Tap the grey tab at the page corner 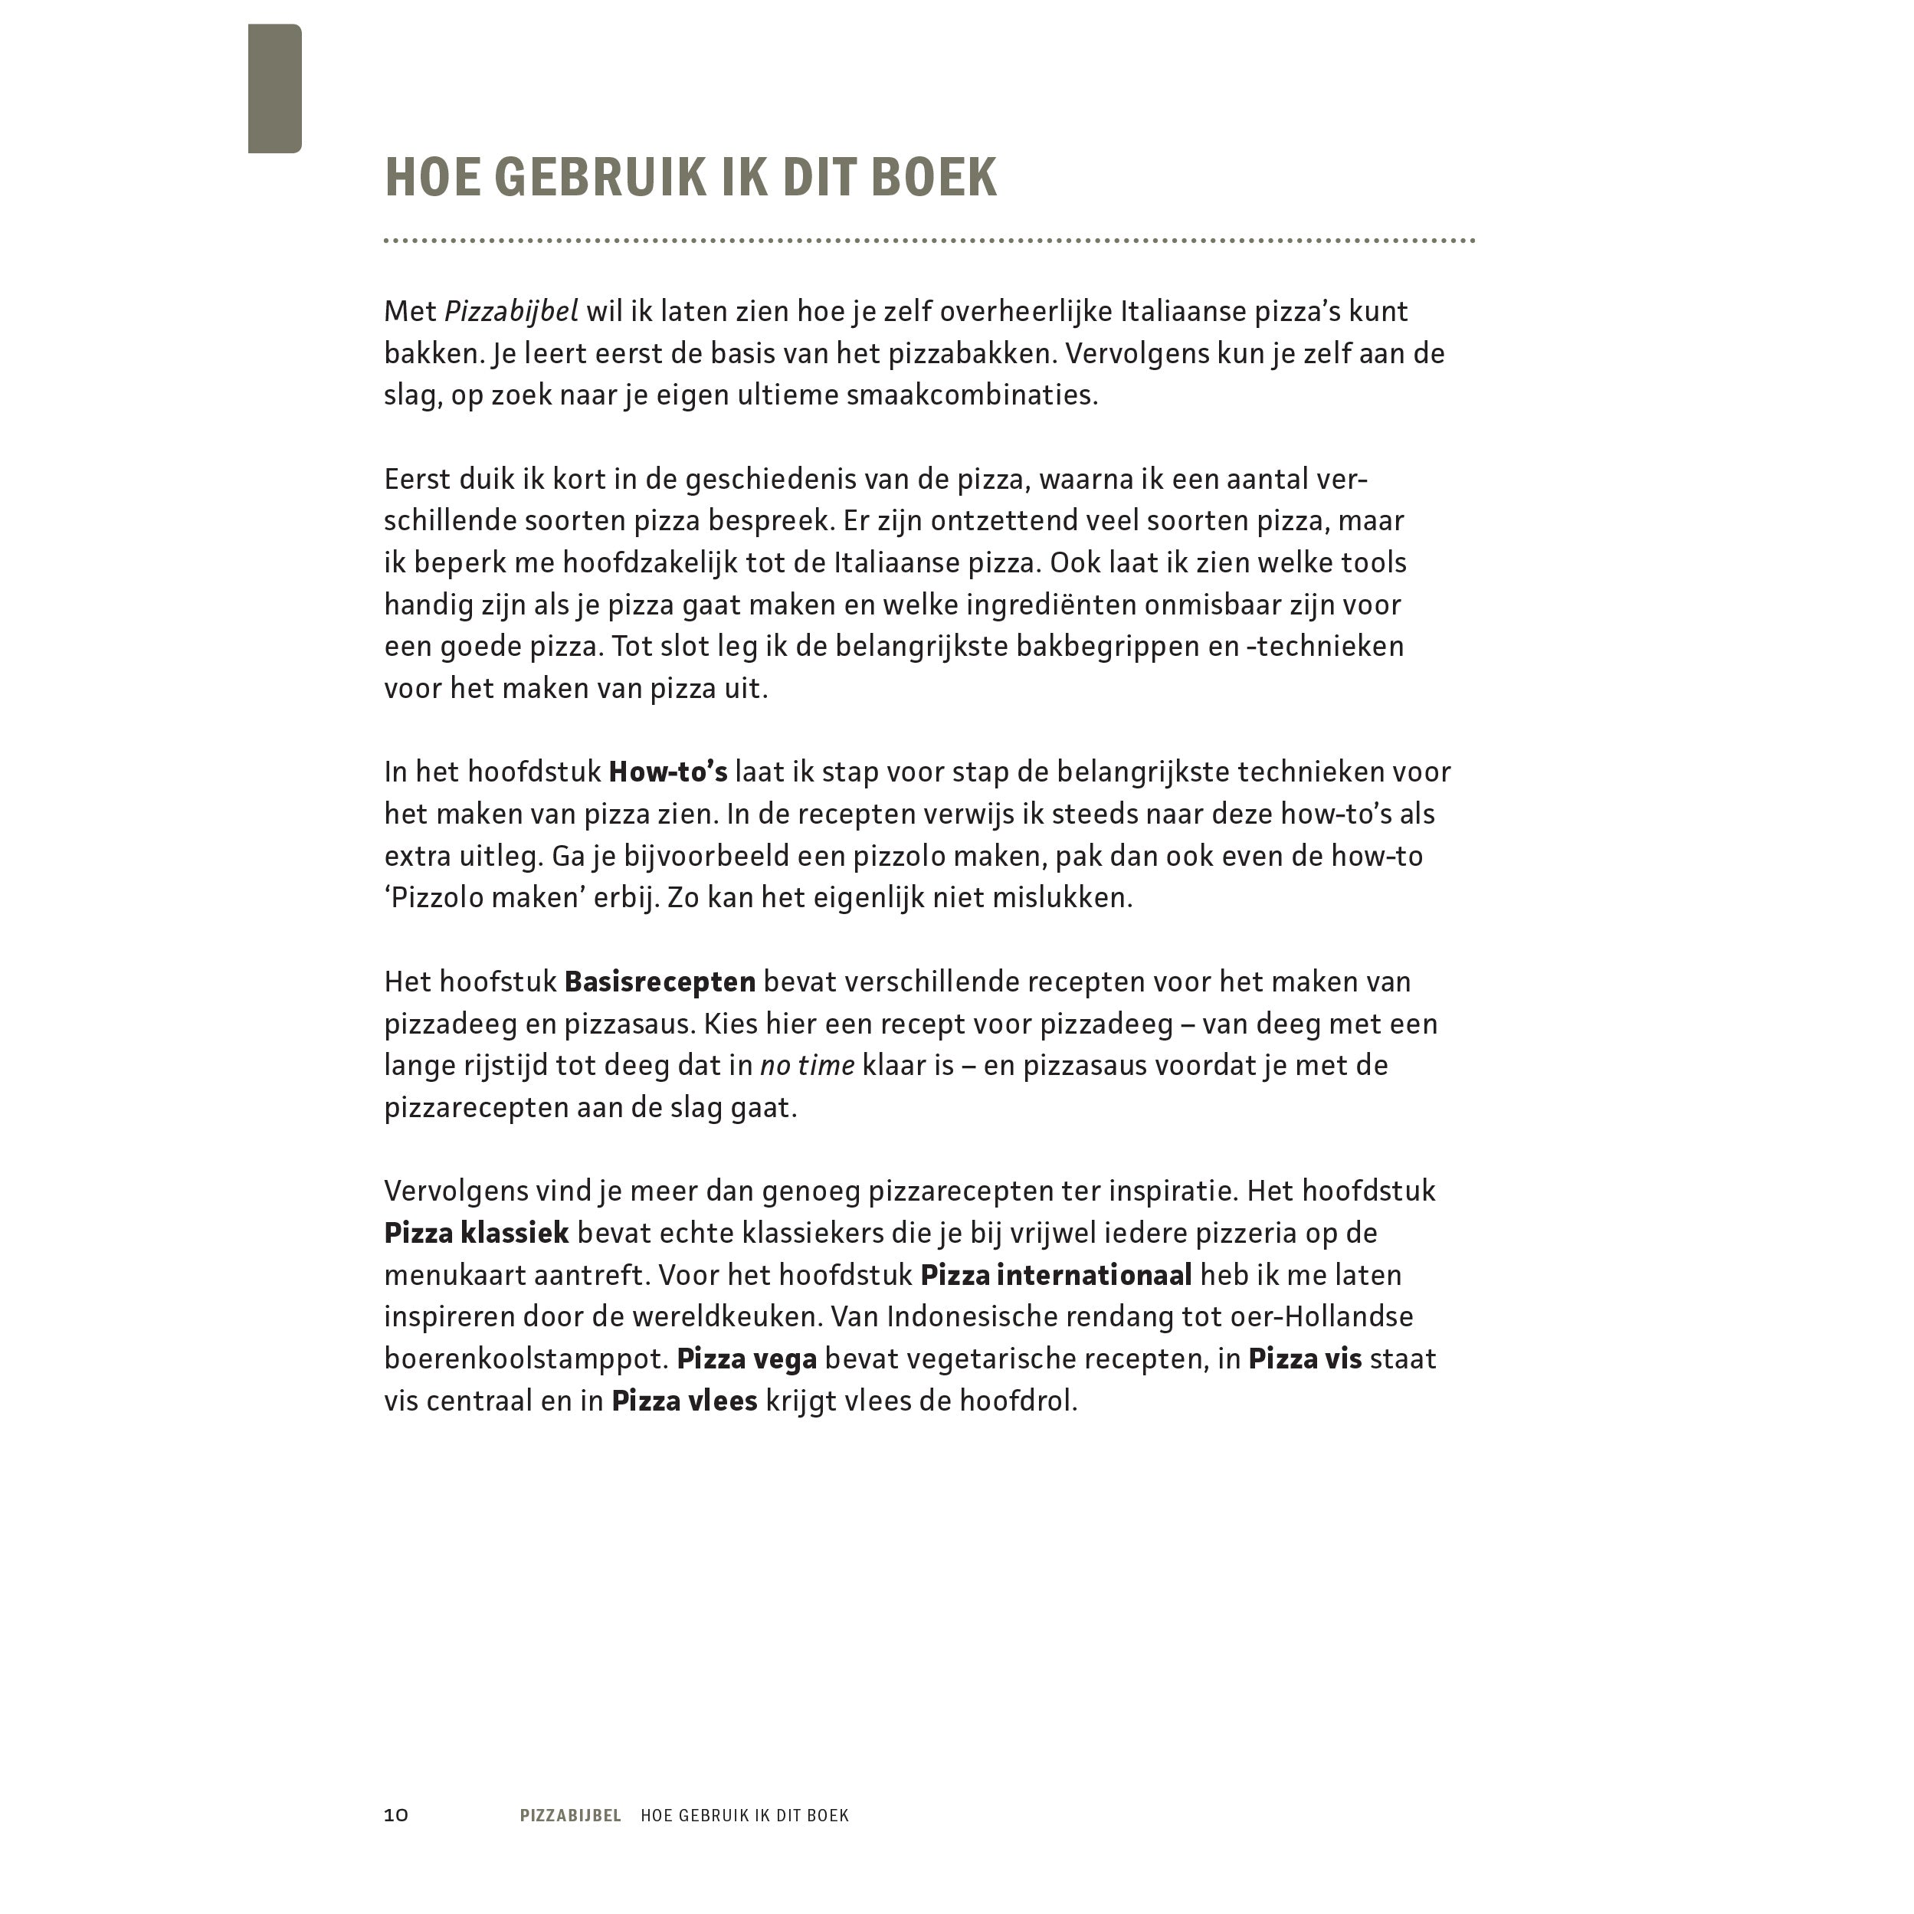pos(274,89)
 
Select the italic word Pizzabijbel pos(510,311)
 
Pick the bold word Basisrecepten pos(660,982)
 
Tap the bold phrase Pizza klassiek pos(477,1234)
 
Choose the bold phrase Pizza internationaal pos(1056,1275)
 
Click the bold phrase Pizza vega pos(746,1359)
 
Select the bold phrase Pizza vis pos(1305,1359)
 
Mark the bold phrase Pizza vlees pos(684,1401)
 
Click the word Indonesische pos(993,1316)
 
